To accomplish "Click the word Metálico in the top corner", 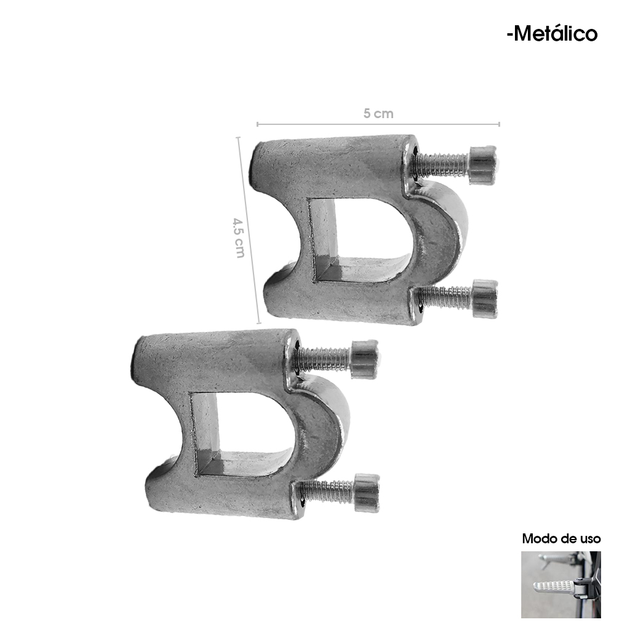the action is point(556,34).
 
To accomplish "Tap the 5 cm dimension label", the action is point(378,114).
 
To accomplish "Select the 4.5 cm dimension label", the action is point(239,237).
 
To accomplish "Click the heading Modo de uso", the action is point(561,538).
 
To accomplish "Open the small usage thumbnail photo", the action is point(561,584).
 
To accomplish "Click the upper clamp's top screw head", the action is point(483,165).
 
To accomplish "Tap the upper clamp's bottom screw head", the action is point(485,298).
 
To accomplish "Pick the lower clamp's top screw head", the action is point(365,359).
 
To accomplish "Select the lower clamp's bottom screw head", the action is point(367,493).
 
